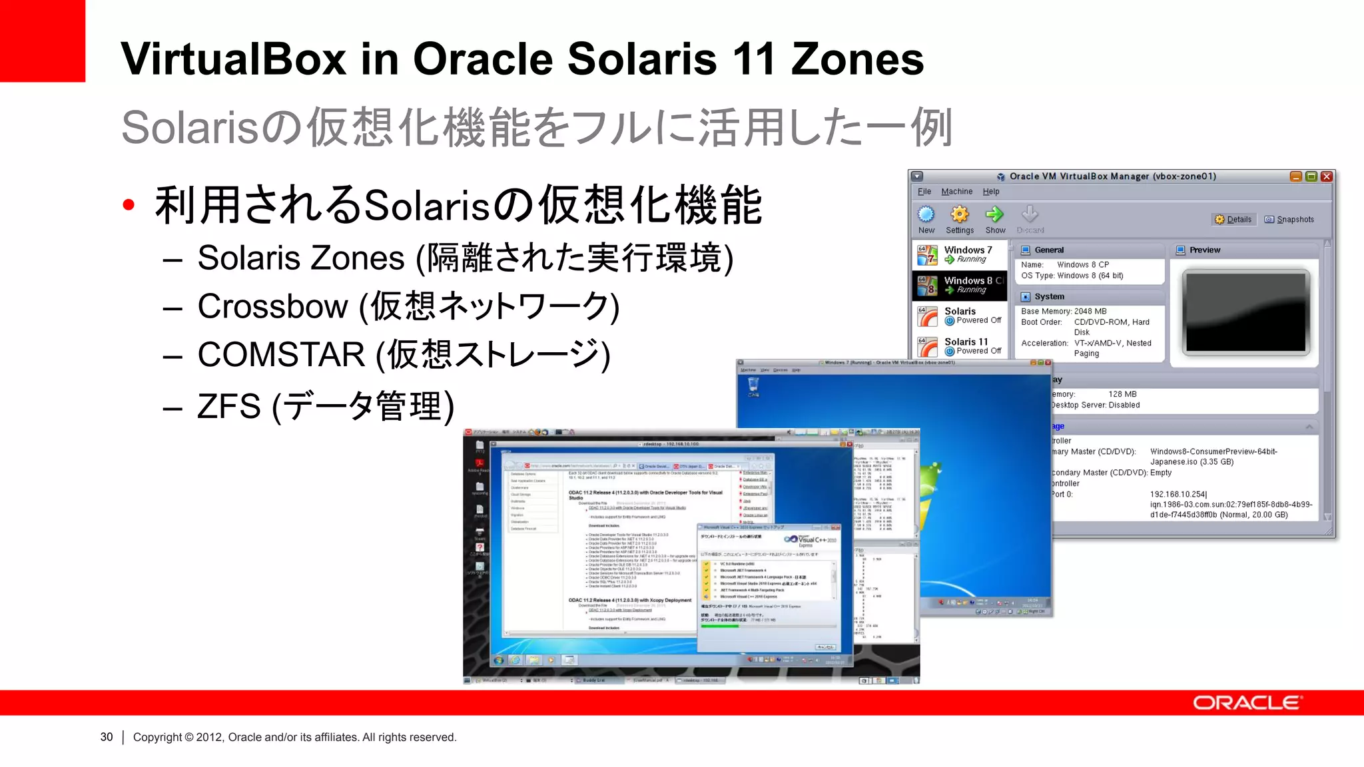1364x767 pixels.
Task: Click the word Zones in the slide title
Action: click(857, 59)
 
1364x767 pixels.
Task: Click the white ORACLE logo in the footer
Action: click(1246, 703)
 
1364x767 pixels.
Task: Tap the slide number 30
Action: click(107, 737)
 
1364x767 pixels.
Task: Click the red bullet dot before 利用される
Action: click(129, 205)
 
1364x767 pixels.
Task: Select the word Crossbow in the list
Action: click(272, 306)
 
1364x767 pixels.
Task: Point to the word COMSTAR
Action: click(281, 354)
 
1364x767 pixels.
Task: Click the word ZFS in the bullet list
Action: click(228, 406)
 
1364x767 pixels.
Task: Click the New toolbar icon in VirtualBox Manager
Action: click(926, 214)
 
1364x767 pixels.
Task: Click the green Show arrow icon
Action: click(995, 214)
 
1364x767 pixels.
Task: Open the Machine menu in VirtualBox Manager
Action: click(956, 192)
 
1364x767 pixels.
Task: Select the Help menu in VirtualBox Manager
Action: click(991, 192)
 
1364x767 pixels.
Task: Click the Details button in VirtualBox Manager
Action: click(1233, 220)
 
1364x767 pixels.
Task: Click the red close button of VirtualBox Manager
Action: click(1327, 176)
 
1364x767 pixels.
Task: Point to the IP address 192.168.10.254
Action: click(1178, 494)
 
